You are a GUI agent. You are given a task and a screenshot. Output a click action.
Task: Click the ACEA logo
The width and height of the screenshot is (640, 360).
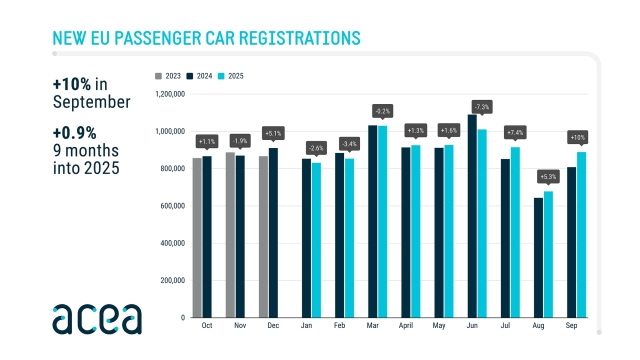[x=97, y=317]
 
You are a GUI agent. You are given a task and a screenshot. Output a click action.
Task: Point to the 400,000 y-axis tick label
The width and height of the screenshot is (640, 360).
[x=171, y=243]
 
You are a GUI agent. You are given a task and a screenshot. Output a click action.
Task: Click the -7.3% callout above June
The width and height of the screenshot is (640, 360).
[x=480, y=106]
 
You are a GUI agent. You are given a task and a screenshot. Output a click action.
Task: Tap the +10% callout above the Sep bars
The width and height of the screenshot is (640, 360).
[x=577, y=137]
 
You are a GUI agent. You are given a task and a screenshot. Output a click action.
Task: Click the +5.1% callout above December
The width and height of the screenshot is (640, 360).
[x=273, y=132]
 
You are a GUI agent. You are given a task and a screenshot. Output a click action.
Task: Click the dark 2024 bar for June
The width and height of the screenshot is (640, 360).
[x=472, y=216]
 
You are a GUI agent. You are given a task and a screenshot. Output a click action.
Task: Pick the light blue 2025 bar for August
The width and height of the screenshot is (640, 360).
[x=548, y=254]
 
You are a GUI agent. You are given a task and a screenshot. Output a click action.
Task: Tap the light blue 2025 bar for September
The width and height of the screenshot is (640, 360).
[x=581, y=234]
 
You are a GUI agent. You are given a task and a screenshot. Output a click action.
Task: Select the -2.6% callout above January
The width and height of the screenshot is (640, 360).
[x=316, y=148]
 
